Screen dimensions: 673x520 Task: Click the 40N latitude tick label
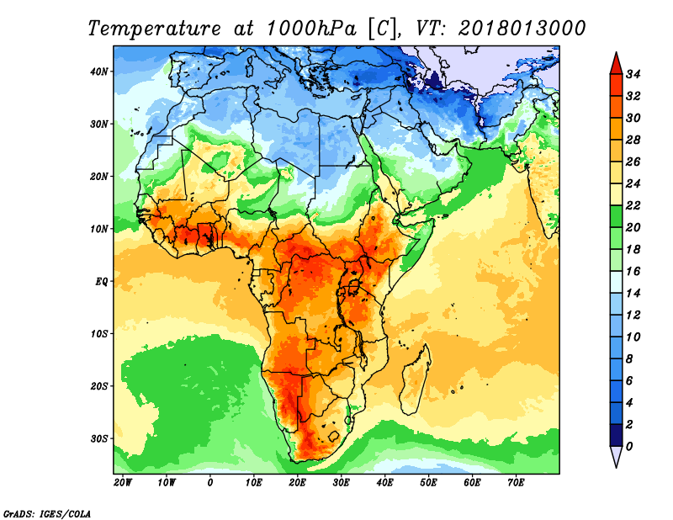99,72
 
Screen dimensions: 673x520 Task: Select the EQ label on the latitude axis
101,282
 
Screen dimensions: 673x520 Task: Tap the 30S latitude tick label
99,439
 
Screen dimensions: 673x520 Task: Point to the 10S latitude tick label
99,334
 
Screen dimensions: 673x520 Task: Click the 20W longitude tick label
123,483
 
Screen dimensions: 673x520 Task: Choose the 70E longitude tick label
516,483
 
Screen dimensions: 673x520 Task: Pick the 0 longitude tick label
209,483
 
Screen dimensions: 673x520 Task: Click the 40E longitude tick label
384,483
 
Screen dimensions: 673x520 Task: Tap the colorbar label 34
633,74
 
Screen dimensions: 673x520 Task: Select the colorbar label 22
633,205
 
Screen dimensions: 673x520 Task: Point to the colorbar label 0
629,447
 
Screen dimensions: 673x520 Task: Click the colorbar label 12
633,316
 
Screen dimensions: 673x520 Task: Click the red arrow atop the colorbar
617,64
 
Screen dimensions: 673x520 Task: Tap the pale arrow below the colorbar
617,457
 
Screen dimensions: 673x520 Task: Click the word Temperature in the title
154,29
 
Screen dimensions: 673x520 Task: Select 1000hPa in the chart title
311,29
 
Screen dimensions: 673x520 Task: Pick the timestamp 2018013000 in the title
522,29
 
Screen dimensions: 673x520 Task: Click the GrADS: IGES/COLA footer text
47,514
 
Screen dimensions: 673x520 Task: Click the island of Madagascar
415,380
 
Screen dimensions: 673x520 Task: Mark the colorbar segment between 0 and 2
617,435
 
